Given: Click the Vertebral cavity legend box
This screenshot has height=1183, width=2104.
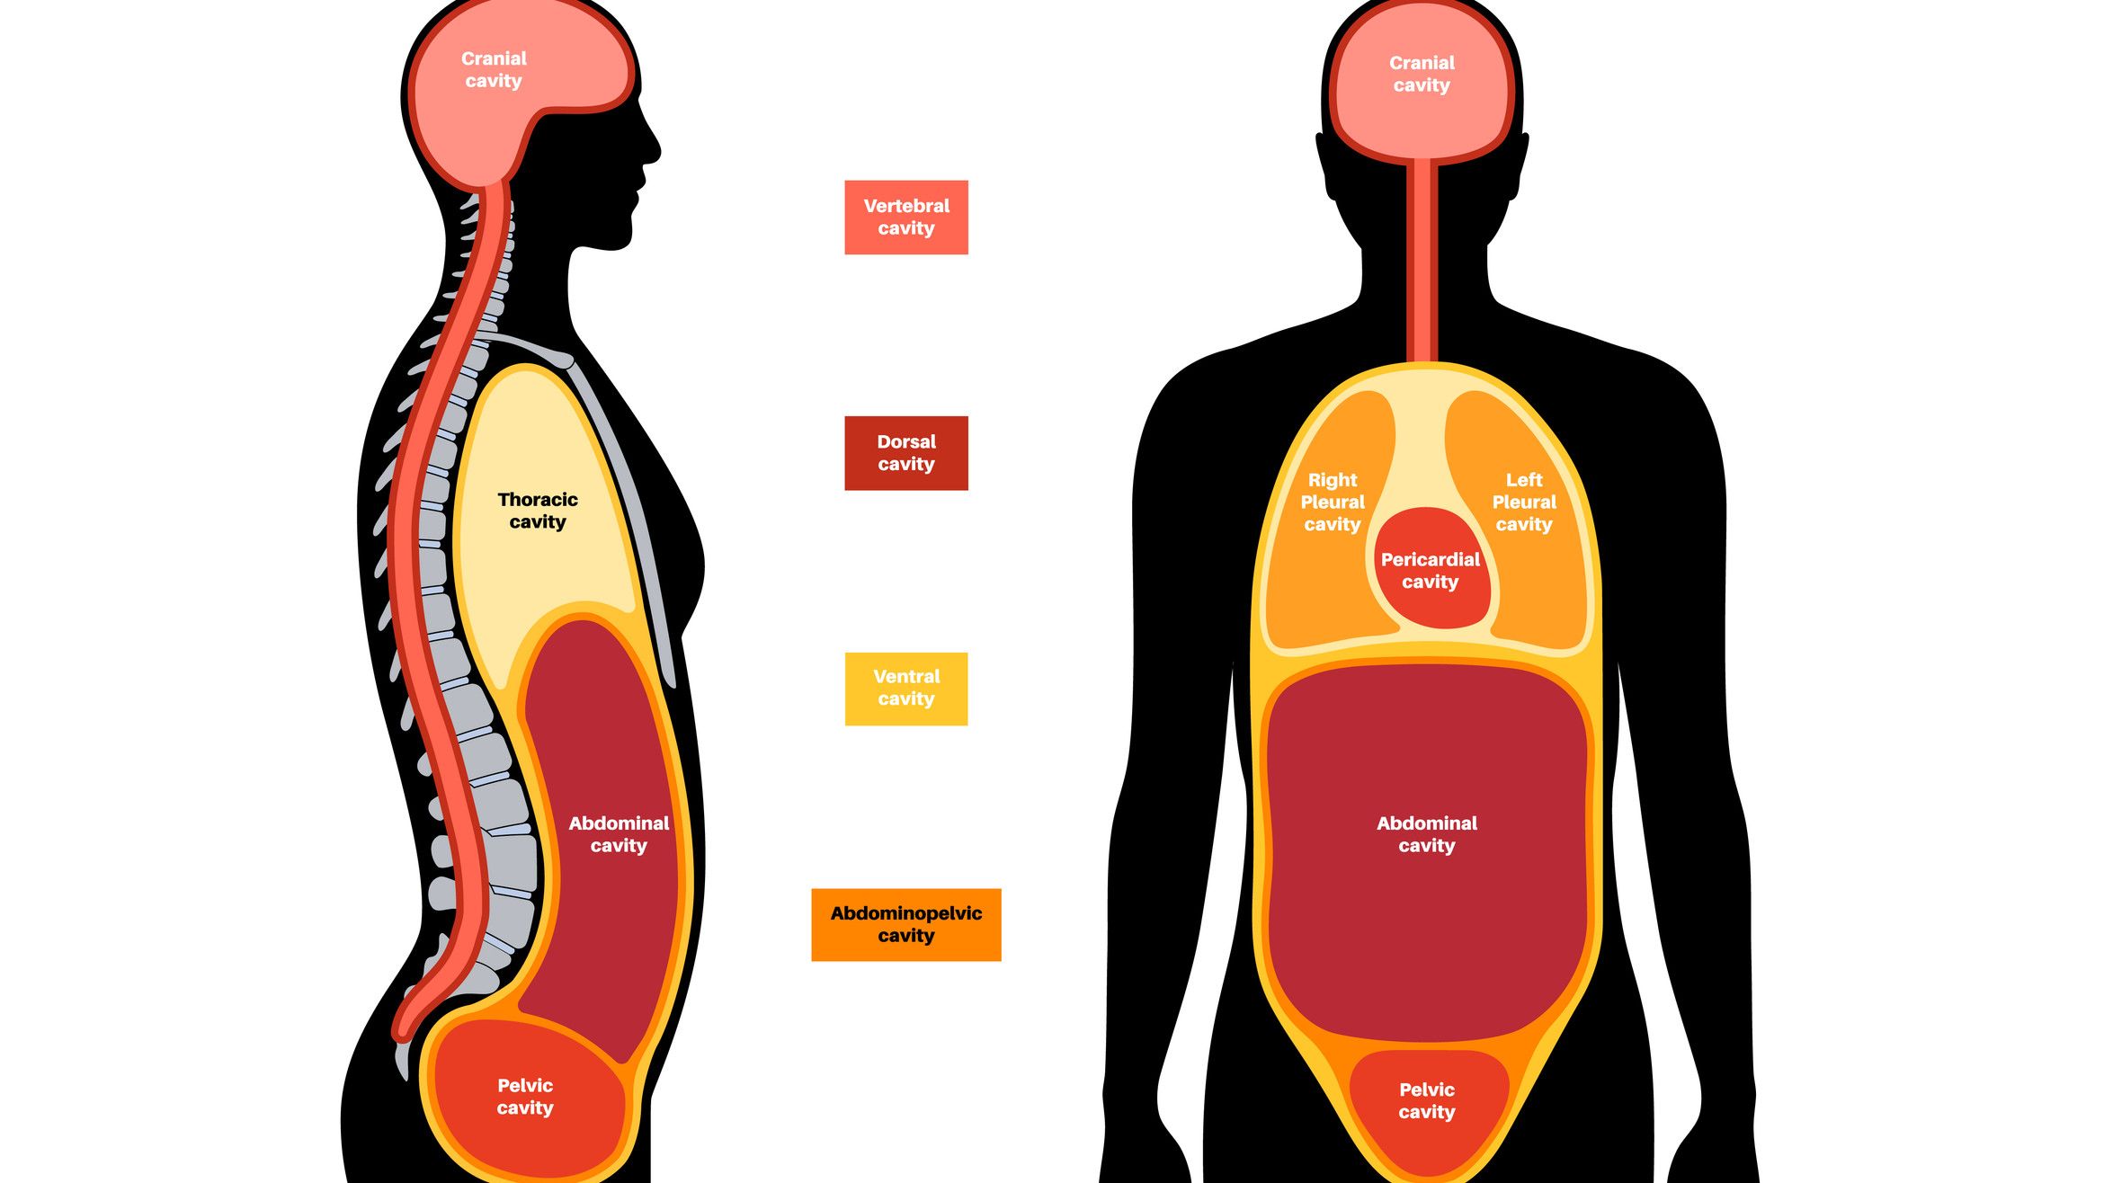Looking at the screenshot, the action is [905, 217].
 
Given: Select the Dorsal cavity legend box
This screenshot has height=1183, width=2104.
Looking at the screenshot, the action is [905, 453].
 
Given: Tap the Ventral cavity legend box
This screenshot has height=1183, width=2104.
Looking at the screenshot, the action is [905, 689].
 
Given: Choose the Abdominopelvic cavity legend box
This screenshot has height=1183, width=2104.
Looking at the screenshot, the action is [905, 925].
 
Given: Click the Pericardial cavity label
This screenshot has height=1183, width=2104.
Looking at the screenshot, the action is [1430, 571].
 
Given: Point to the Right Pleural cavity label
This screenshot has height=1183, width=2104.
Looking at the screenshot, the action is [1333, 503].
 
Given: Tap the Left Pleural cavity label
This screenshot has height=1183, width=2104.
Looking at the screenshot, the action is [1523, 503].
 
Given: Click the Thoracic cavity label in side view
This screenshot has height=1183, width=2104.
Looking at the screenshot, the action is [538, 511].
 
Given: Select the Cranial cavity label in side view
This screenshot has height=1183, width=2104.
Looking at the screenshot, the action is [494, 70].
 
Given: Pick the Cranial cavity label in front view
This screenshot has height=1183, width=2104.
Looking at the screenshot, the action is [1422, 75].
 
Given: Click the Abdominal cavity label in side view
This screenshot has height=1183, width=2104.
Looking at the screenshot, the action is [619, 834].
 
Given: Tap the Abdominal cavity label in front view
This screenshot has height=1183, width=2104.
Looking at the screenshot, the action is [1427, 834].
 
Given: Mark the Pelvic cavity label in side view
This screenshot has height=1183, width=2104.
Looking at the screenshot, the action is [525, 1097].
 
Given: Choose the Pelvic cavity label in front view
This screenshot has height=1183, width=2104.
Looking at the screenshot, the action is [1427, 1101].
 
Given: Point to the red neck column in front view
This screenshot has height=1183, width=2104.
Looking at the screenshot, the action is [1422, 261].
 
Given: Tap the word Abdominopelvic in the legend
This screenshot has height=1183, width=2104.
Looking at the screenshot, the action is [905, 913].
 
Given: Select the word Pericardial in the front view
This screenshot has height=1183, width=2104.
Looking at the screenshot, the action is [1430, 559].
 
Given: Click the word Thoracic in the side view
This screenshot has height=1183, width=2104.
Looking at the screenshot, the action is [538, 500].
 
